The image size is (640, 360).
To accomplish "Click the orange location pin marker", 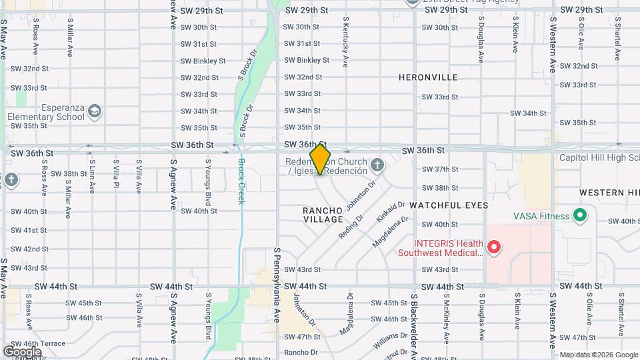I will pyautogui.click(x=320, y=159).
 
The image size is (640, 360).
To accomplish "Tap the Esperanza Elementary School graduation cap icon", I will pyautogui.click(x=95, y=110).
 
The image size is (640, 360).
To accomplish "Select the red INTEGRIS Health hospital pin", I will pyautogui.click(x=494, y=248).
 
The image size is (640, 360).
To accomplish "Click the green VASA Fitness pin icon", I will pyautogui.click(x=579, y=215).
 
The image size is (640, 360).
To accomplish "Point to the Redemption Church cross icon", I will pyautogui.click(x=377, y=164).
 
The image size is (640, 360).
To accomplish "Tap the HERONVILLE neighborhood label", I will pyautogui.click(x=428, y=77).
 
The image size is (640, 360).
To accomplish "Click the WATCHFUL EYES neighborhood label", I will pyautogui.click(x=449, y=205).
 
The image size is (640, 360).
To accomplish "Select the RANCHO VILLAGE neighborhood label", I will pyautogui.click(x=323, y=215).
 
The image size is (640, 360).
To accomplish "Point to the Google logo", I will pyautogui.click(x=22, y=351).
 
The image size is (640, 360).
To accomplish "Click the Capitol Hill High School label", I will pyautogui.click(x=599, y=158).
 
